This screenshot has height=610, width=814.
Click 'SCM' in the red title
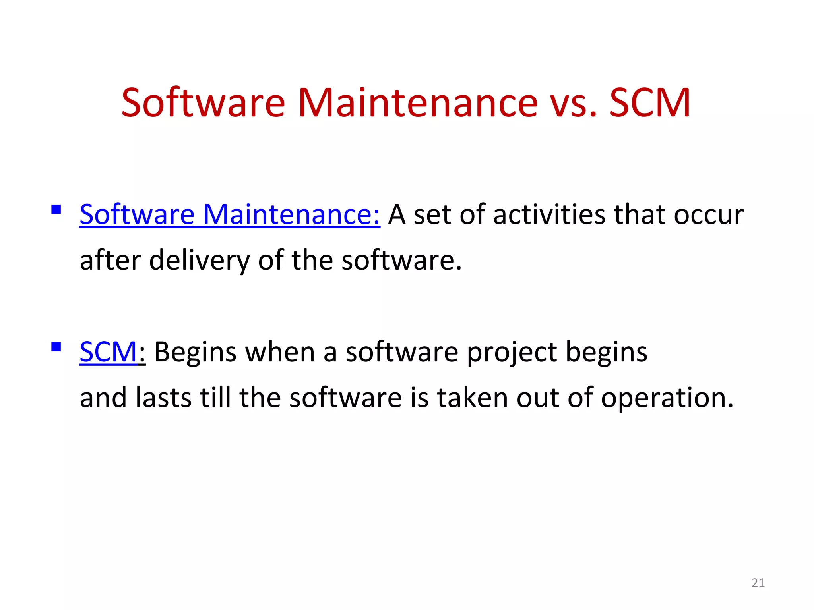click(650, 103)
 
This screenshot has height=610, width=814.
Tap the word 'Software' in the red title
click(203, 103)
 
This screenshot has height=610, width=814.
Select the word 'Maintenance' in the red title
click(417, 103)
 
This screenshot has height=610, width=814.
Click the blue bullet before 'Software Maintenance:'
click(56, 209)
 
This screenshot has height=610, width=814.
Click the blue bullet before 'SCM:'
click(56, 347)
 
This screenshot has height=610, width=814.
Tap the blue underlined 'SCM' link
click(108, 352)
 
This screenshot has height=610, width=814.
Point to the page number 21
click(758, 583)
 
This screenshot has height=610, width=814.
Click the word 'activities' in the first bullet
click(549, 215)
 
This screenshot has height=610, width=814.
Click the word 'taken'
click(472, 398)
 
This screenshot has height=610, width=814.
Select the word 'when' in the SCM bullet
click(280, 352)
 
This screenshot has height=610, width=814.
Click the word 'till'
click(215, 398)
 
